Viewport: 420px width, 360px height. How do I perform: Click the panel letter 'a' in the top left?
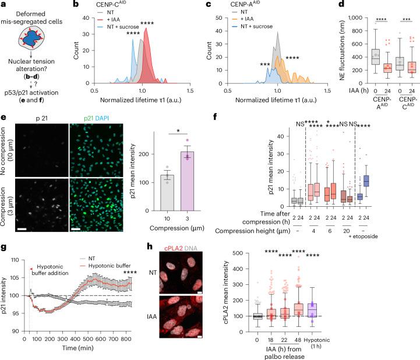point(5,5)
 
